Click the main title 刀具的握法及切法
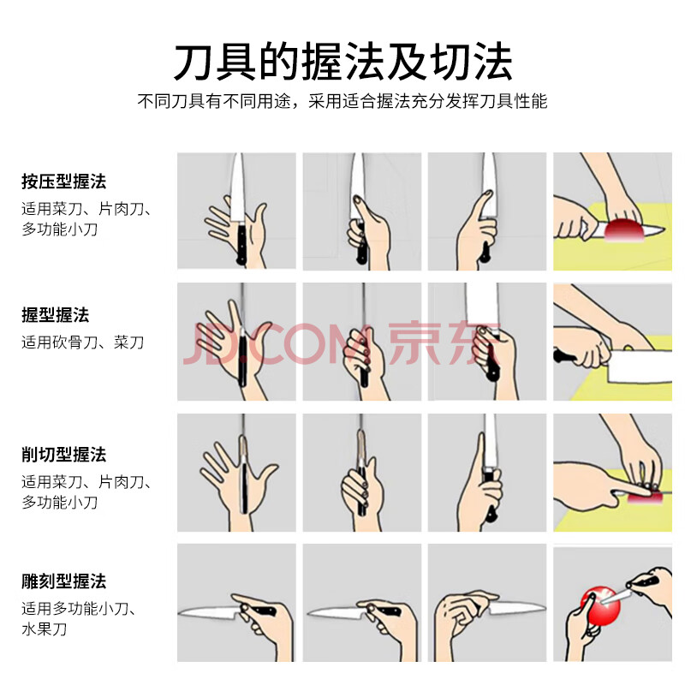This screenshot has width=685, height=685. tap(343, 62)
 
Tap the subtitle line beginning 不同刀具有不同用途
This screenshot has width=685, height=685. tap(342, 101)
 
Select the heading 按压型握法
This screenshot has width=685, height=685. tap(64, 182)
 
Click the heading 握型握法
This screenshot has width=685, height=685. tap(56, 315)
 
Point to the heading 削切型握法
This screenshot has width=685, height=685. tap(64, 455)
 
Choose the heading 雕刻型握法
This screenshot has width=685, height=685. tap(64, 581)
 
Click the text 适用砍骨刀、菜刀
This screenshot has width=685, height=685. tap(83, 342)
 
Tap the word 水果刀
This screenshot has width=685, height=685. tap(45, 629)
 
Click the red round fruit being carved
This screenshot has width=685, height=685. tap(601, 606)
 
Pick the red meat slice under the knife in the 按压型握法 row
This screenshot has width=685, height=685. tap(623, 230)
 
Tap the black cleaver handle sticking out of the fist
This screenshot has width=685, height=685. tap(564, 355)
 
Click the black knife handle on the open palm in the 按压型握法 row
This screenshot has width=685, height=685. tap(241, 243)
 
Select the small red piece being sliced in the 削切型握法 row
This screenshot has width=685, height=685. tap(646, 497)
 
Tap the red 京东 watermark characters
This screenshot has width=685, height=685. tap(444, 343)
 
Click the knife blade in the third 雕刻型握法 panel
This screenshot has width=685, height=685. tap(516, 608)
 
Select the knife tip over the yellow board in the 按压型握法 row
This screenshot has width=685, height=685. tap(661, 229)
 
